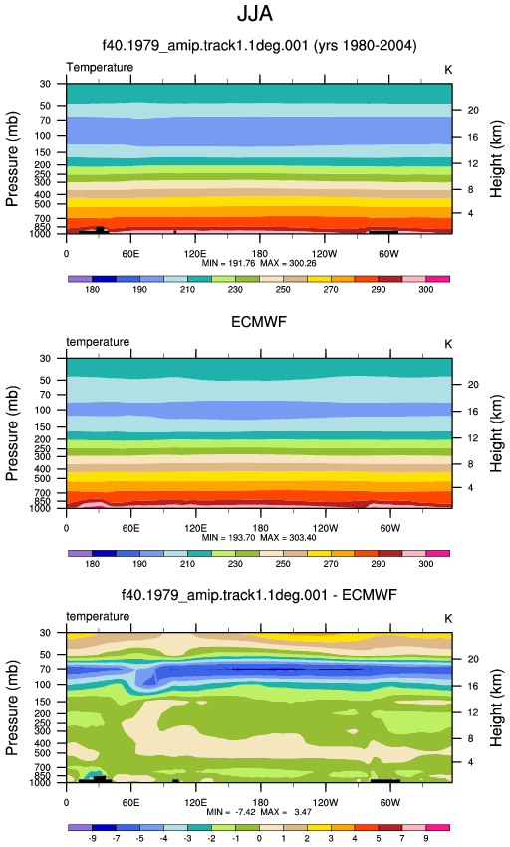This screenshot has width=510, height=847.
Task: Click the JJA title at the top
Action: pyautogui.click(x=255, y=14)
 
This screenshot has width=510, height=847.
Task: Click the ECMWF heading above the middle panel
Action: pyautogui.click(x=259, y=322)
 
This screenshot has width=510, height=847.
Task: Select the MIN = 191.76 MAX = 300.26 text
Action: pyautogui.click(x=259, y=264)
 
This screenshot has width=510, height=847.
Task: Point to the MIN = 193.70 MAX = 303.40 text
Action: pyautogui.click(x=259, y=538)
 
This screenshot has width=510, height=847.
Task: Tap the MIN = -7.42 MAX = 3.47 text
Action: pyautogui.click(x=259, y=812)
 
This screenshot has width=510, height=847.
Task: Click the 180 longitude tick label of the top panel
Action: pyautogui.click(x=259, y=254)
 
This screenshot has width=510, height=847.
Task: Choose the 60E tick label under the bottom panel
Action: pyautogui.click(x=130, y=803)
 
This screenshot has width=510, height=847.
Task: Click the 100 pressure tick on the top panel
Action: pyautogui.click(x=43, y=136)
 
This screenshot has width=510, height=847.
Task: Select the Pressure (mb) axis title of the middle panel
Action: pyautogui.click(x=12, y=433)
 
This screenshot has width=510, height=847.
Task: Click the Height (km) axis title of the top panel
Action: pyautogui.click(x=496, y=158)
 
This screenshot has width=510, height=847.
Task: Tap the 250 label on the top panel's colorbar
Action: pyautogui.click(x=283, y=290)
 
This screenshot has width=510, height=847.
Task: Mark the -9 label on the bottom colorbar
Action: pyautogui.click(x=93, y=838)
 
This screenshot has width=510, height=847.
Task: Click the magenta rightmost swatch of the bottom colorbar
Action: pyautogui.click(x=437, y=827)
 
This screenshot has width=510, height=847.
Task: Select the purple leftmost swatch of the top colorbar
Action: pyautogui.click(x=81, y=279)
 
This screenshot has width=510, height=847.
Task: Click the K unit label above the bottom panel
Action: pyautogui.click(x=448, y=619)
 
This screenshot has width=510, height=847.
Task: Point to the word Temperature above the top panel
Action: pyautogui.click(x=100, y=68)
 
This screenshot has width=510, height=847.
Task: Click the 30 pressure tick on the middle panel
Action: pyautogui.click(x=45, y=359)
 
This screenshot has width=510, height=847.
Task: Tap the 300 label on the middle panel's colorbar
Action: pyautogui.click(x=425, y=564)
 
